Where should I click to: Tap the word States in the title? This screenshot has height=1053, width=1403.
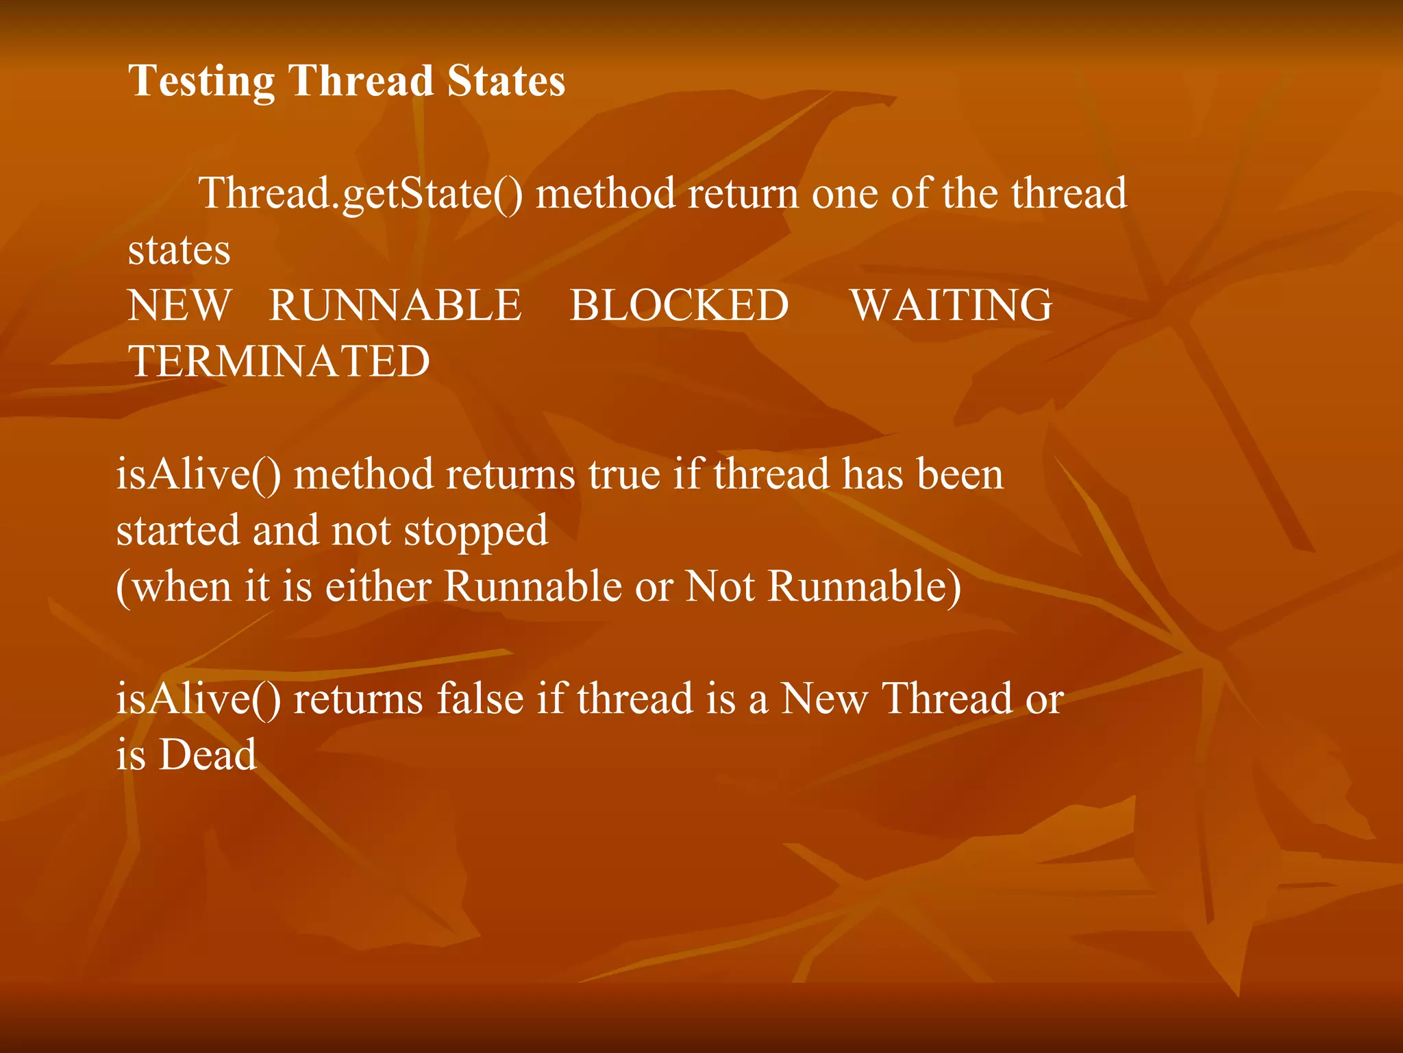tap(506, 81)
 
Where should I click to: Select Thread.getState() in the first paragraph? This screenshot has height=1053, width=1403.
tap(360, 194)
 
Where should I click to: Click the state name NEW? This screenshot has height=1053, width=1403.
tap(180, 305)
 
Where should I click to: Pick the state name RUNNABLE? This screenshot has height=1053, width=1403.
tap(395, 305)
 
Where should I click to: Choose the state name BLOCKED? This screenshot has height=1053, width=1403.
tap(679, 305)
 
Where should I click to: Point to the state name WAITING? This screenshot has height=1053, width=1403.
tap(951, 305)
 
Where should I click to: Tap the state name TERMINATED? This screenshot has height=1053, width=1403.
tap(280, 361)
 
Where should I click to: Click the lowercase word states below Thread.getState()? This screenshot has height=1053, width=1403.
tap(179, 250)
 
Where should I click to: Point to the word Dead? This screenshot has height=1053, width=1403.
tap(208, 755)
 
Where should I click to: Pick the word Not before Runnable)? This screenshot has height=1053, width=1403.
tap(720, 587)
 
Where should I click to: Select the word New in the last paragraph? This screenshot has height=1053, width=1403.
tap(824, 699)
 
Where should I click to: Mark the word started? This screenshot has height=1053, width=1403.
tap(178, 531)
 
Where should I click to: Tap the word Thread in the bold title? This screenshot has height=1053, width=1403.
tap(361, 81)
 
